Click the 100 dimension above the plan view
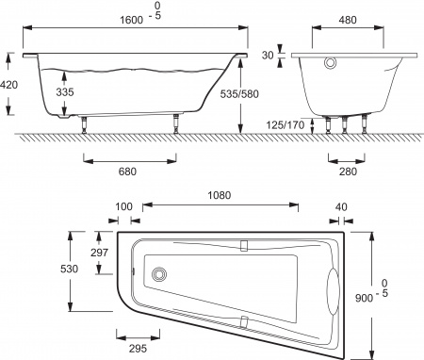[x=122, y=207]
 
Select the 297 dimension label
[x=99, y=252]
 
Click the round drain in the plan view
[x=159, y=274]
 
